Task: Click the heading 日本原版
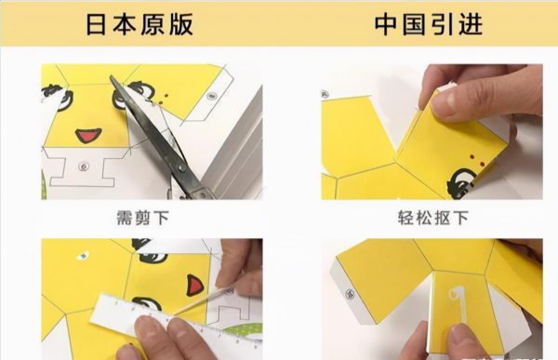[139, 24]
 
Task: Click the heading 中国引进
[429, 24]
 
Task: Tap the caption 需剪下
[143, 218]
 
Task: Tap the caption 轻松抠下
[432, 218]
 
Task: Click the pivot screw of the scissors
[182, 167]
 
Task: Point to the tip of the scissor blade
[111, 76]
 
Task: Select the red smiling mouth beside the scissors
[88, 136]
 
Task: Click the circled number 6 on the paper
[84, 166]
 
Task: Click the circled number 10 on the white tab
[351, 294]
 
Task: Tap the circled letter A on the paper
[325, 94]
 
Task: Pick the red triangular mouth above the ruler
[194, 286]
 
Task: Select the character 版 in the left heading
[180, 24]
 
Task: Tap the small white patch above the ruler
[84, 255]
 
